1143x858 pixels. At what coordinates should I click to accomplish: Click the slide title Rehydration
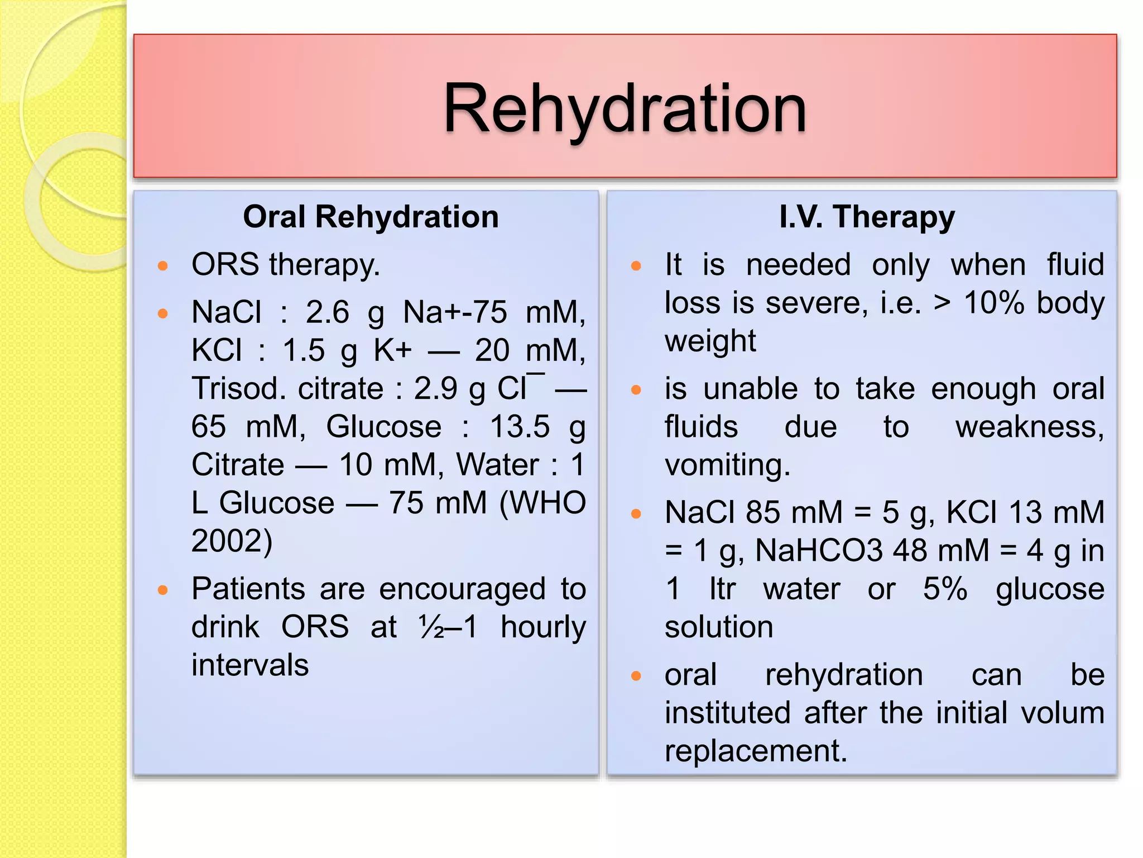(x=625, y=109)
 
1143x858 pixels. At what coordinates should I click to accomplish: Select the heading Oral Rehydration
(x=371, y=217)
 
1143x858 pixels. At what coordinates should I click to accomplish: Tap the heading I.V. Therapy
(x=867, y=217)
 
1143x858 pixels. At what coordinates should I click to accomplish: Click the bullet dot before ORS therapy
(x=163, y=266)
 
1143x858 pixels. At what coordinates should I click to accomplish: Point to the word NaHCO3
(x=819, y=551)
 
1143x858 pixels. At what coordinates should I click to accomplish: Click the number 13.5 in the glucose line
(x=520, y=427)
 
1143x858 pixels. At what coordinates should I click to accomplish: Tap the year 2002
(x=232, y=541)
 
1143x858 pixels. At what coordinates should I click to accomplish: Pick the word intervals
(x=250, y=665)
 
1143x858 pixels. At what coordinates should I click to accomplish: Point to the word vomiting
(x=727, y=465)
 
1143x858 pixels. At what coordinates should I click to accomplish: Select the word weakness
(x=1029, y=427)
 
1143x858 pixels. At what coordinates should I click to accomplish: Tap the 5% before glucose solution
(x=945, y=589)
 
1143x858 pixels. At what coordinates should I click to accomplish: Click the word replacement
(x=756, y=751)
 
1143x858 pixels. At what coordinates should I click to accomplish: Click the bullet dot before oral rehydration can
(x=636, y=676)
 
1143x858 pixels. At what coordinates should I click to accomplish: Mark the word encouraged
(x=462, y=589)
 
